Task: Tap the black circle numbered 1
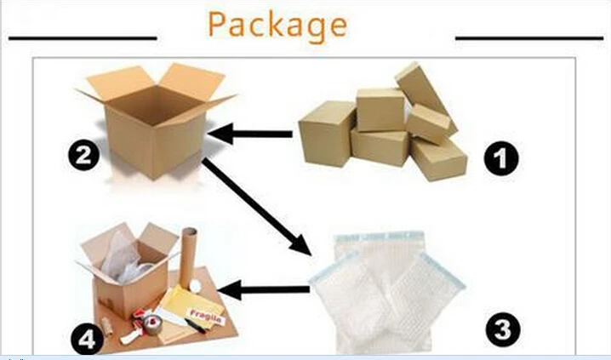pos(501,158)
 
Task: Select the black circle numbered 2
pos(83,155)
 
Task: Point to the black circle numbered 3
pos(503,329)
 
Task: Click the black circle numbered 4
pos(87,340)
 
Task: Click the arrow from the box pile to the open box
pos(250,134)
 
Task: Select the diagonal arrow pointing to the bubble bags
pos(256,207)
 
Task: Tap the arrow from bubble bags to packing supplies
pos(264,290)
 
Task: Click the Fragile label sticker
pos(206,317)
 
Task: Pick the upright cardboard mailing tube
pos(188,257)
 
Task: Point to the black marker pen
pos(195,326)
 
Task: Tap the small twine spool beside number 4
pos(106,327)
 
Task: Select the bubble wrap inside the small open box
pos(124,258)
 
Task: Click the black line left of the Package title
pos(83,38)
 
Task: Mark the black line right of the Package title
pos(529,38)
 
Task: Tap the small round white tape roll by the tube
pos(195,286)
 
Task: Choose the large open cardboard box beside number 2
pos(155,121)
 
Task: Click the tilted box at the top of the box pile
pos(425,97)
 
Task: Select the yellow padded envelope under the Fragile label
pos(191,308)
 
